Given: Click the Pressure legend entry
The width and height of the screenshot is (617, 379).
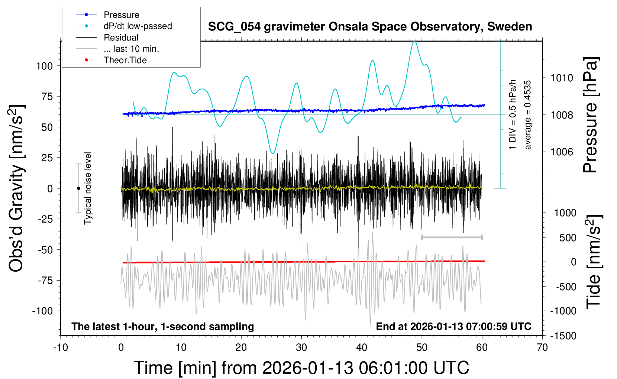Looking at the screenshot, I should (121, 15).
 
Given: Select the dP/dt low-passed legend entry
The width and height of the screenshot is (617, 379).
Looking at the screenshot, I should (138, 26).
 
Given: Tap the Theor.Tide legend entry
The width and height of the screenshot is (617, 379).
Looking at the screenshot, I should (125, 60).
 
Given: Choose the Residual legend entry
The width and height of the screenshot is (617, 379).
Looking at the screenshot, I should (121, 38).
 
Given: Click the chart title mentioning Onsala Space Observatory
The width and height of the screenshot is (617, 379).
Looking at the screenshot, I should (370, 27).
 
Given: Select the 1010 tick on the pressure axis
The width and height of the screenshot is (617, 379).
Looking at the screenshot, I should (562, 78).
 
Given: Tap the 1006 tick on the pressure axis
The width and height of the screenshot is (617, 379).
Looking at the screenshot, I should (562, 152).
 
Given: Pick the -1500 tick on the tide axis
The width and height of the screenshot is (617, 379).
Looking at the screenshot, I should (563, 336).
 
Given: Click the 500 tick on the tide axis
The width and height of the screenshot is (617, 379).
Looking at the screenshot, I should (568, 237).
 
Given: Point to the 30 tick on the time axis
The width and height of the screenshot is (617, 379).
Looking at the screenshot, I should (301, 348).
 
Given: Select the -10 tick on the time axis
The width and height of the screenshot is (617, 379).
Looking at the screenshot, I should (61, 348).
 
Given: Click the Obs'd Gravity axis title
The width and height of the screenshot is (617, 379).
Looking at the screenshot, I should (16, 188).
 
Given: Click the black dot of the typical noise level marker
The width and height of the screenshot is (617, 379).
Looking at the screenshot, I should (78, 188).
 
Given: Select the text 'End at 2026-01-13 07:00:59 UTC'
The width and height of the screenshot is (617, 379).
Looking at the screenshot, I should (453, 327).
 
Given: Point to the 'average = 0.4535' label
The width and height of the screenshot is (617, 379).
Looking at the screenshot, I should (528, 115).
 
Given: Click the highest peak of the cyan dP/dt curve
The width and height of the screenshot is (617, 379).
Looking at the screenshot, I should (414, 41).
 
